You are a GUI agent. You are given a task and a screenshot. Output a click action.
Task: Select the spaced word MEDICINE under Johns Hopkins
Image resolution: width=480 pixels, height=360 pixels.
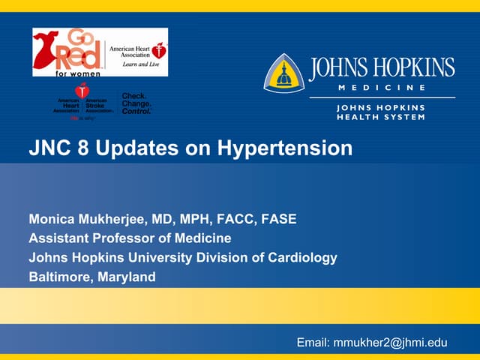tap(380, 87)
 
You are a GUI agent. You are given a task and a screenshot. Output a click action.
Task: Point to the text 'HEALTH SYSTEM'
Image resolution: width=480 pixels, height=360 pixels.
tap(380, 117)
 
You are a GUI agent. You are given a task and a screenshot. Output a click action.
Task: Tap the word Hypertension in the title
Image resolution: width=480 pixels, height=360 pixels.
tap(285, 148)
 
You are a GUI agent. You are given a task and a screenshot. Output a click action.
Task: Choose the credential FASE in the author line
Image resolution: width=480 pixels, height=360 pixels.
tap(278, 220)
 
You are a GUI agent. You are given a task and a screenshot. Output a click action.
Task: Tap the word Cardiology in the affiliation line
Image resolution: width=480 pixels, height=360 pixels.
tap(304, 257)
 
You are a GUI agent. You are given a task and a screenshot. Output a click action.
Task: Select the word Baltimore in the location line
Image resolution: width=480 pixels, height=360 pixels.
tap(60, 277)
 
